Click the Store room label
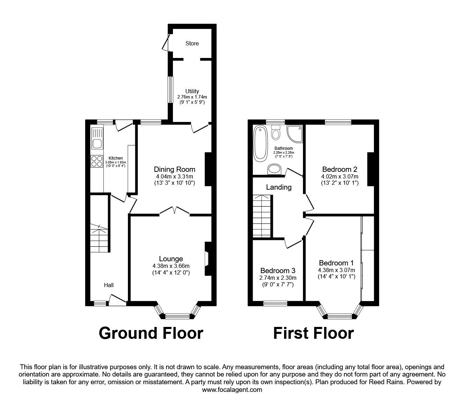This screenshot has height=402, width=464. (192, 44)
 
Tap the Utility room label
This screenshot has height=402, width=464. (192, 91)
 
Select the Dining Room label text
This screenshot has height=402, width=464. (174, 169)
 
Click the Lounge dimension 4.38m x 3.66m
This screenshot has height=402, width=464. (171, 266)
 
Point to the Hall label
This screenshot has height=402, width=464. (109, 285)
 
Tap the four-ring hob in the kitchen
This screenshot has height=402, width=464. (97, 161)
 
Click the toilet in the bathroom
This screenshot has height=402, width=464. (276, 132)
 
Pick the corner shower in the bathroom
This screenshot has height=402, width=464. (295, 134)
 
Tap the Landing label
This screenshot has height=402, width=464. (278, 187)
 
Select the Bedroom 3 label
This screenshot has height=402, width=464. (278, 271)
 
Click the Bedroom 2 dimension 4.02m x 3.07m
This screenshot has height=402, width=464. (340, 176)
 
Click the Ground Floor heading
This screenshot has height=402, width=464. (151, 333)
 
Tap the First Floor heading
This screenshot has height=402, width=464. (313, 333)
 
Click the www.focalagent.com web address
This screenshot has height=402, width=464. (232, 390)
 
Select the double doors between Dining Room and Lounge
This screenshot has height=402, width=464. (175, 211)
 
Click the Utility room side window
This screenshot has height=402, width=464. (171, 90)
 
